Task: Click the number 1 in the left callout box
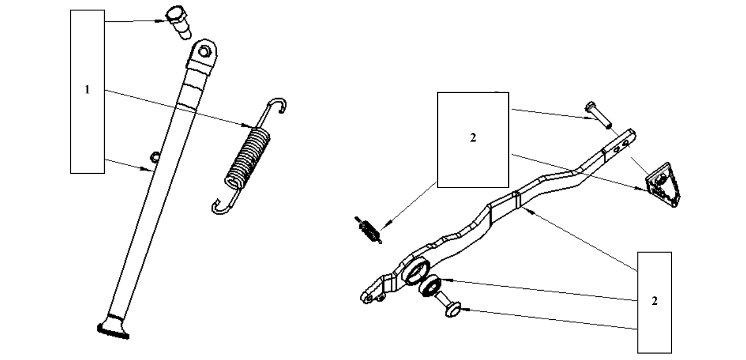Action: tap(87, 89)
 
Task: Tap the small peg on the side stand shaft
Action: tap(153, 156)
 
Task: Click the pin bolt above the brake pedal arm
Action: tap(598, 115)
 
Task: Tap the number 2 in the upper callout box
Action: tap(473, 138)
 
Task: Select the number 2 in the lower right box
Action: tap(654, 302)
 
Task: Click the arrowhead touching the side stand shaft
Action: tap(149, 169)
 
